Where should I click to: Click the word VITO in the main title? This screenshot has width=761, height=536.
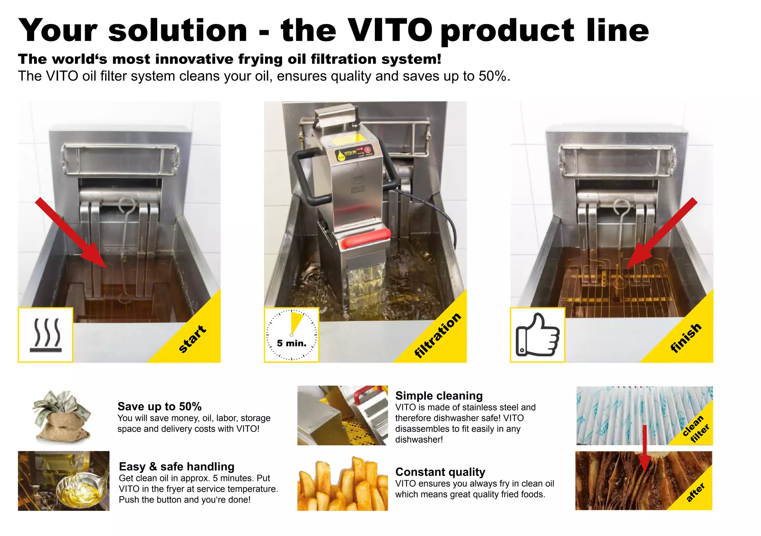[x=390, y=30]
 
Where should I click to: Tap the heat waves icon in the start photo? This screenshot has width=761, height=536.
[x=46, y=335]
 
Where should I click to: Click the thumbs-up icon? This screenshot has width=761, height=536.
[x=537, y=335]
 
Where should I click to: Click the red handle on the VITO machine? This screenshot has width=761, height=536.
[x=366, y=238]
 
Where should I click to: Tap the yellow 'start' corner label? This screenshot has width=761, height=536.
[x=192, y=338]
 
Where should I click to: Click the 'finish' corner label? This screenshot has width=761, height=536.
[x=686, y=337]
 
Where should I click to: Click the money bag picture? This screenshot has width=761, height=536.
[x=62, y=416]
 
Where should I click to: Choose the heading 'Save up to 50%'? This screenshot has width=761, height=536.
[x=159, y=406]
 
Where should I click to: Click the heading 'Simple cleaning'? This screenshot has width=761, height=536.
[x=439, y=396]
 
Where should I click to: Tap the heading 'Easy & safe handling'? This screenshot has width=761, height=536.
[x=177, y=467]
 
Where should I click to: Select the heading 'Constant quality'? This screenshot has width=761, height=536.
[x=440, y=472]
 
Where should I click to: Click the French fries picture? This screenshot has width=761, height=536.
[x=342, y=485]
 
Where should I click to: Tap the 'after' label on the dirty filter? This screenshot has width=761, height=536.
[x=695, y=493]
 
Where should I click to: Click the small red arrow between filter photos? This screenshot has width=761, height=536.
[x=645, y=449]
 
